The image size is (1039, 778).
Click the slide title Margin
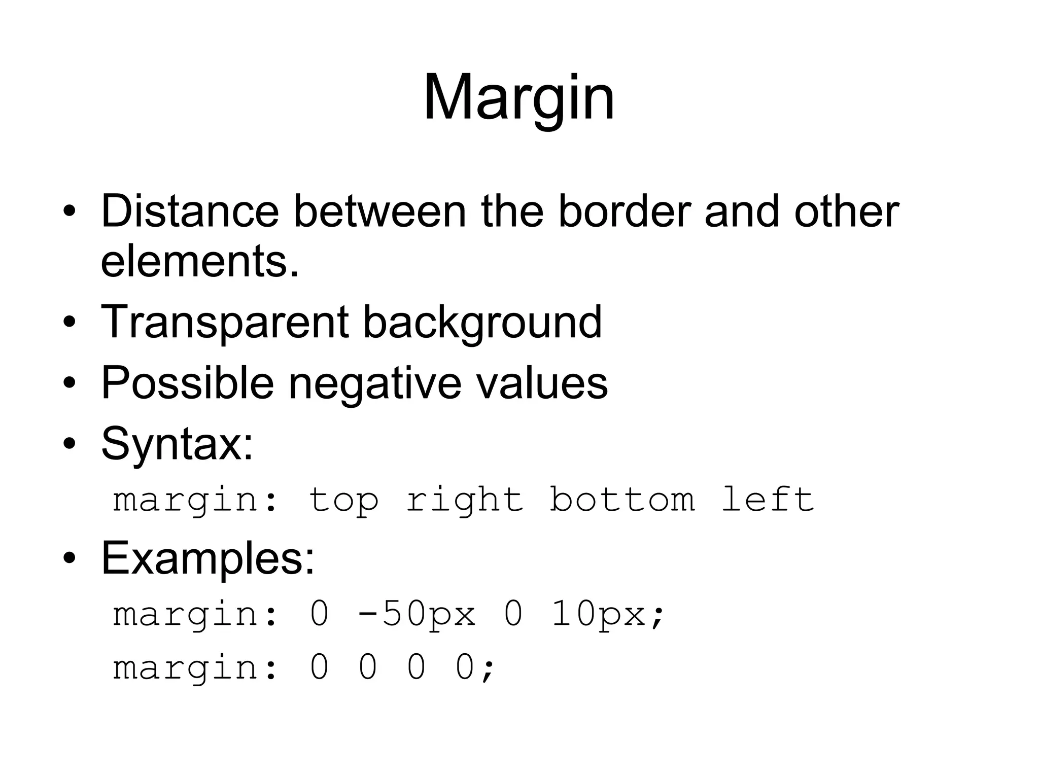pyautogui.click(x=518, y=97)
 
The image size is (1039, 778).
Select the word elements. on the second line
pyautogui.click(x=200, y=261)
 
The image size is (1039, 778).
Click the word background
pyautogui.click(x=482, y=323)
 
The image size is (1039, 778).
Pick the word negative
pyautogui.click(x=375, y=383)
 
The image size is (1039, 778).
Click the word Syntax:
pyautogui.click(x=177, y=444)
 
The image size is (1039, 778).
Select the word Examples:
pyautogui.click(x=208, y=558)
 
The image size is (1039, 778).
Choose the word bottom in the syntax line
pyautogui.click(x=622, y=500)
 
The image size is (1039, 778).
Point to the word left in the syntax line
pyautogui.click(x=768, y=500)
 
